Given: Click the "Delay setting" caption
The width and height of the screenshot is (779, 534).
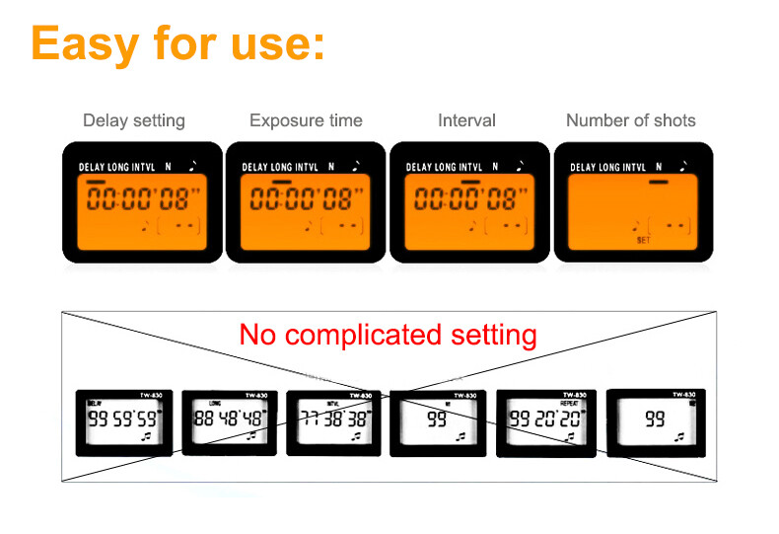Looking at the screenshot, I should coord(133,120).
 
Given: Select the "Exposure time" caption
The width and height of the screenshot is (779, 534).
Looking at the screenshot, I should coord(306,120).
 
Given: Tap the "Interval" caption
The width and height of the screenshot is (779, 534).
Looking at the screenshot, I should coord(466,120).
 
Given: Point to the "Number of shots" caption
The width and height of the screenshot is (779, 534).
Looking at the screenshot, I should coord(630,120).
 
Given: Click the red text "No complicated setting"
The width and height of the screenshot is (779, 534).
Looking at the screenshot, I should coord(388,335).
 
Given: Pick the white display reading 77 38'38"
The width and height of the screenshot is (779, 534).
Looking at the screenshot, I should coord(334,419).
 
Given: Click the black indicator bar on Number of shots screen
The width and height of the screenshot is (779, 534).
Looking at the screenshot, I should coord(658,182).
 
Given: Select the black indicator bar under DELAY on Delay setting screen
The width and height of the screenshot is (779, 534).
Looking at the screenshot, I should coord(96,182).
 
